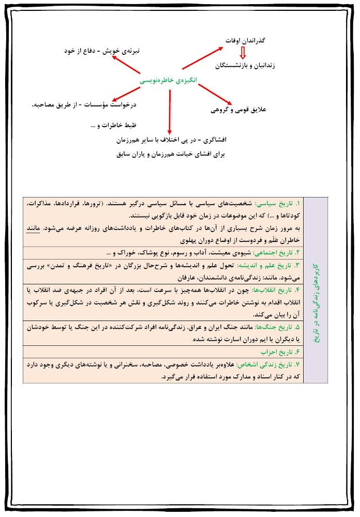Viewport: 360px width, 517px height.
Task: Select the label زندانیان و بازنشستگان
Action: (x=245, y=66)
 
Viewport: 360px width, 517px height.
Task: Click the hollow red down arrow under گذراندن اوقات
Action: (x=244, y=53)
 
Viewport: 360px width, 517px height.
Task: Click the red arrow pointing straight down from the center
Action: (x=169, y=111)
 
